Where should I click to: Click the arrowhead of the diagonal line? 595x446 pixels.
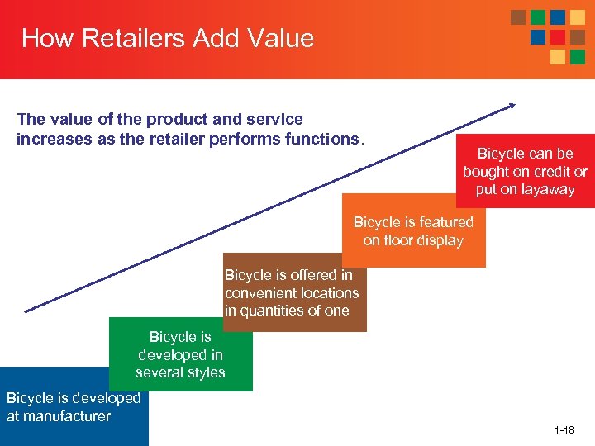tap(512, 105)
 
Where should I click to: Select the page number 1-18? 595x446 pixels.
tap(564, 430)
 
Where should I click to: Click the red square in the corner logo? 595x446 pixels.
tap(558, 37)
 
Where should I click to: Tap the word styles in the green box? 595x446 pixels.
tap(205, 372)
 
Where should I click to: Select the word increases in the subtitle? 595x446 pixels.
tap(55, 139)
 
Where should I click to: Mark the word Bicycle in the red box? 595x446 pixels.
tap(501, 154)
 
